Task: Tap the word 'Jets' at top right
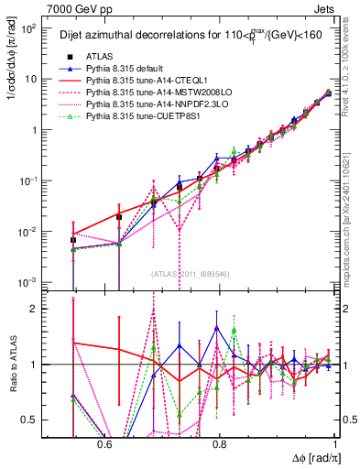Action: pos(327,8)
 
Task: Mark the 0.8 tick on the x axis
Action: pos(219,443)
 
